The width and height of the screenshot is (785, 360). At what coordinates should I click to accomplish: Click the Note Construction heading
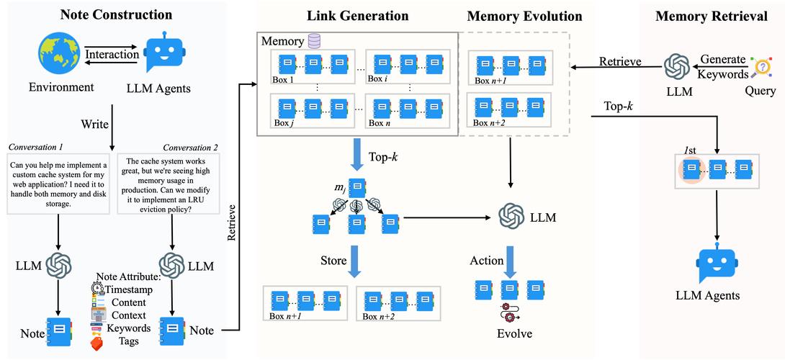116,14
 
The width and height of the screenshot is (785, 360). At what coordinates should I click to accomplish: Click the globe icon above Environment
61,54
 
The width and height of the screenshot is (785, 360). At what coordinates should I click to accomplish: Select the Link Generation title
357,15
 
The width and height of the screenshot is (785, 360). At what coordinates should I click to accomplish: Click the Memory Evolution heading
524,15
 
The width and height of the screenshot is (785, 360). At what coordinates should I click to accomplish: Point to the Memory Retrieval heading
711,15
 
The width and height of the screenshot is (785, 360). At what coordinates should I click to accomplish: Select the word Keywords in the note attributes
130,328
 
